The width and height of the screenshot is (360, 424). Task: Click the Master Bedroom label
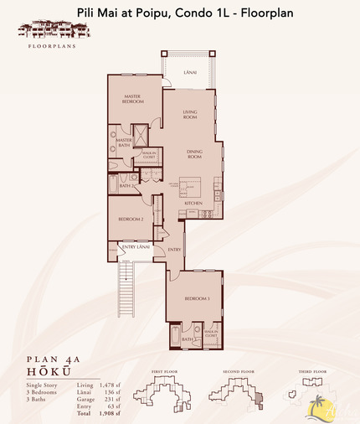click(131, 99)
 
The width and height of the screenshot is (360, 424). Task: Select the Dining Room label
click(194, 154)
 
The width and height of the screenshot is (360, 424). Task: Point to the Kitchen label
click(194, 204)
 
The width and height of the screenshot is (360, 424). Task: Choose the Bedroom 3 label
click(195, 298)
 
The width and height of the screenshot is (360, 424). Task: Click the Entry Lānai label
click(135, 246)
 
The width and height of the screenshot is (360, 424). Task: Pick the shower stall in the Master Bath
click(141, 137)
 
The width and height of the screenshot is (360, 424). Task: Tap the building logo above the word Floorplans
click(47, 28)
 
